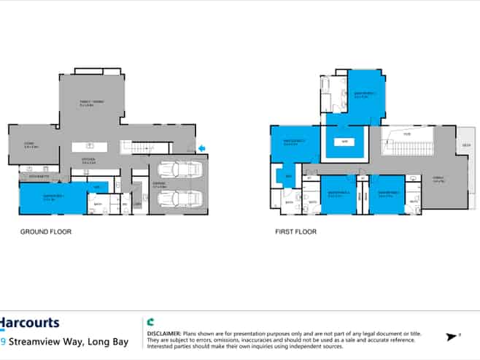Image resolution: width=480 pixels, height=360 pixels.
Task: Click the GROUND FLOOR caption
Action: click(45, 231)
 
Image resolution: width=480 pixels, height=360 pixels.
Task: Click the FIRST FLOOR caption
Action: click(295, 231)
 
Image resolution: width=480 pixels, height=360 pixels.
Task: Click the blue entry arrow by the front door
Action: click(202, 149)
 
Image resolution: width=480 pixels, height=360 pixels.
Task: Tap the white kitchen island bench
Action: click(88, 147)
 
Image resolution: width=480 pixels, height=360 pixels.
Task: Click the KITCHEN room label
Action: click(88, 160)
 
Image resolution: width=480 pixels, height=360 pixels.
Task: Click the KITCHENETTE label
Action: click(34, 177)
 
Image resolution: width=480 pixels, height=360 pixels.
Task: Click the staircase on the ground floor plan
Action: click(138, 148)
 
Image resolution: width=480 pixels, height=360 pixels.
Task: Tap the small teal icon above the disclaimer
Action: click(150, 321)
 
